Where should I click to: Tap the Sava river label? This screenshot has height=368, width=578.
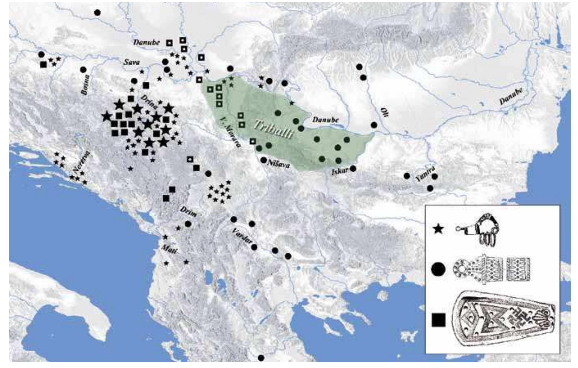click(x=132, y=62)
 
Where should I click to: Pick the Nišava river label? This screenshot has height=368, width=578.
click(x=278, y=164)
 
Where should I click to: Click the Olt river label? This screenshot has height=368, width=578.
click(x=384, y=112)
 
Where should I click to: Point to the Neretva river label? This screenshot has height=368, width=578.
click(x=81, y=162)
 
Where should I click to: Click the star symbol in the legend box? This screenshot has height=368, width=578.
click(x=439, y=229)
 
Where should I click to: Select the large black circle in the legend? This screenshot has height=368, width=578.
click(x=438, y=269)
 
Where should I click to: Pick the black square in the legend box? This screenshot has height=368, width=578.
click(x=438, y=320)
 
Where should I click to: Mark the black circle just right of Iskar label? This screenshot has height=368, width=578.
click(x=353, y=168)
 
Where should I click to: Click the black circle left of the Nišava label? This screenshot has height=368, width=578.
click(x=263, y=160)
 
